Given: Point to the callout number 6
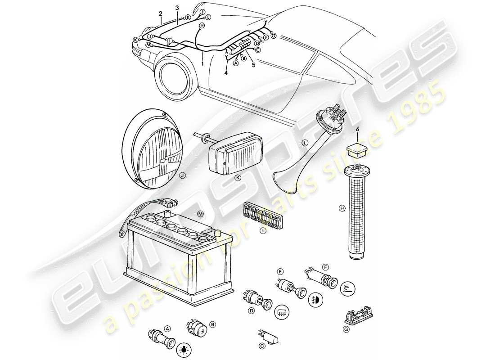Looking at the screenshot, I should click(357, 129).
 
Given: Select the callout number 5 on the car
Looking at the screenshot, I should click(253, 65).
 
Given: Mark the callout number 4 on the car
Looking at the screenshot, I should click(226, 72).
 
